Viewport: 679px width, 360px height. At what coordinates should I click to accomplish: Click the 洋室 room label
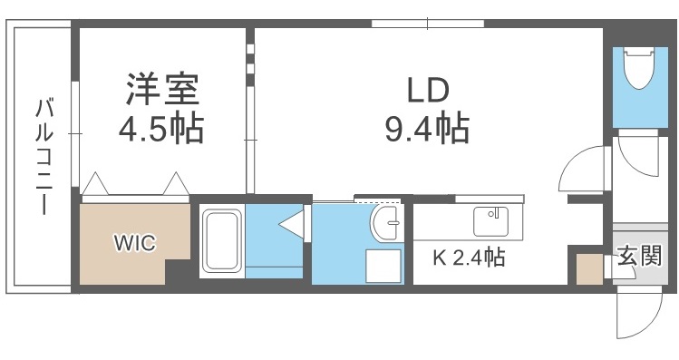tap(160, 91)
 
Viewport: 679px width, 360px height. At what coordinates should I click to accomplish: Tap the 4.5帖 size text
tap(160, 129)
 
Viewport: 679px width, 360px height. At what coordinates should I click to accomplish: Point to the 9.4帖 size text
tap(425, 129)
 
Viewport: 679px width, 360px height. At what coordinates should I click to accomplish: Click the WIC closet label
tap(134, 243)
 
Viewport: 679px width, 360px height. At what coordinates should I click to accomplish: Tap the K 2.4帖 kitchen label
tap(468, 258)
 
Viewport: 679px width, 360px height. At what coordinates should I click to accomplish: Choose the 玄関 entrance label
tap(639, 257)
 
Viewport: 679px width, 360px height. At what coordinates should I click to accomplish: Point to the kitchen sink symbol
tap(490, 221)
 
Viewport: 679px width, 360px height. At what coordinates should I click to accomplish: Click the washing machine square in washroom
tap(383, 264)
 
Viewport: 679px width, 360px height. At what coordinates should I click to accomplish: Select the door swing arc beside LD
tap(580, 168)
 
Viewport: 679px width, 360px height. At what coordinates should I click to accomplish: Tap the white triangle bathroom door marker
tap(292, 222)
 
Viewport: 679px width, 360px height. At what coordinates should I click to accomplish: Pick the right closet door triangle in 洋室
tap(176, 185)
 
